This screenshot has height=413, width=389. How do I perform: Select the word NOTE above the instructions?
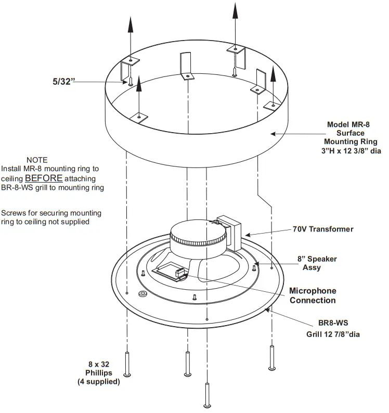[37, 160]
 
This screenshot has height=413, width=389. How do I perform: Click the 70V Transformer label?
[322, 229]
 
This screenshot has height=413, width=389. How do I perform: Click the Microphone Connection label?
[313, 295]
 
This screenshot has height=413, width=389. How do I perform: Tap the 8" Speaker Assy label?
[317, 263]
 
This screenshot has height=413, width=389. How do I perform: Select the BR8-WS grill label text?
[332, 323]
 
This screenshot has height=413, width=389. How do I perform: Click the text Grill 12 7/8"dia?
[332, 334]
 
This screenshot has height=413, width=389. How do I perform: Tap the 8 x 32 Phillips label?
[99, 369]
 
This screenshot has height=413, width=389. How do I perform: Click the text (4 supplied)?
[99, 382]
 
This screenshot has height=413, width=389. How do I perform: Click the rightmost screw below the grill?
[271, 358]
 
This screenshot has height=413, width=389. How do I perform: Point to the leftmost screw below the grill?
[127, 364]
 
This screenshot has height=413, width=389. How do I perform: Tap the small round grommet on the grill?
[142, 294]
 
